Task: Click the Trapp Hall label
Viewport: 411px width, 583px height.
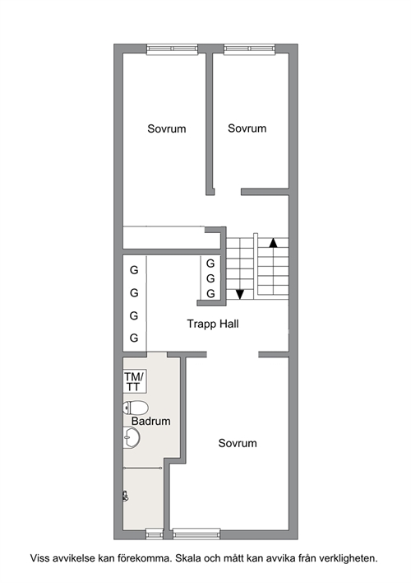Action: (x=213, y=324)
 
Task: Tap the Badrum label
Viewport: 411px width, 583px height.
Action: (x=150, y=422)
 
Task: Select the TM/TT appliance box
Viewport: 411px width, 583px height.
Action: (x=135, y=381)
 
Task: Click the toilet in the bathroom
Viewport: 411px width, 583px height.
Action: (x=136, y=408)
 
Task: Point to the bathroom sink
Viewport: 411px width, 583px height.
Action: (x=132, y=437)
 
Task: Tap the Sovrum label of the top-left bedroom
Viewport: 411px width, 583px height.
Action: (x=167, y=129)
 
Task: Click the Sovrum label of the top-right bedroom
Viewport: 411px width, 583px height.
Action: (x=247, y=128)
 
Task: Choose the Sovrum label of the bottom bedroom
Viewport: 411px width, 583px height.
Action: (x=238, y=443)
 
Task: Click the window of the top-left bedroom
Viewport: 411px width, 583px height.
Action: (x=172, y=49)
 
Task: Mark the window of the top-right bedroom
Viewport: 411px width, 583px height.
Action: (x=250, y=49)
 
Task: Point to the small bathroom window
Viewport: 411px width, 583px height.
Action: (x=154, y=534)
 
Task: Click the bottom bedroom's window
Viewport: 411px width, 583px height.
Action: (x=196, y=534)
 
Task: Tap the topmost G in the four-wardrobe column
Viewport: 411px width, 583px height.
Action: (x=134, y=270)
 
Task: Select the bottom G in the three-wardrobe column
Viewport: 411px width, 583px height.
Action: (x=210, y=294)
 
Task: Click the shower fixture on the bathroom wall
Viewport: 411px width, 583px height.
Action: (x=126, y=496)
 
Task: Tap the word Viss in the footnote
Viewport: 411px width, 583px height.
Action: (x=39, y=558)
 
